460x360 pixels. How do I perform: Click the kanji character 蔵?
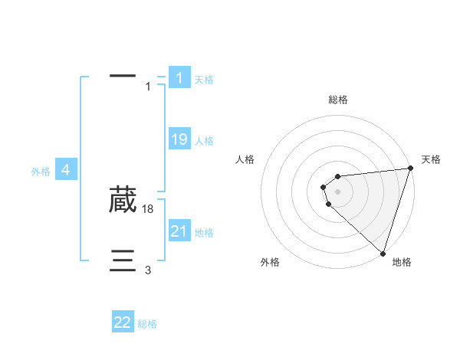click(123, 199)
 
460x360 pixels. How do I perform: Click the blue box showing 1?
click(179, 78)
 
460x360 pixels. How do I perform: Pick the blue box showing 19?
click(179, 139)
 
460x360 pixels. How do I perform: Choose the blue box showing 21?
click(179, 231)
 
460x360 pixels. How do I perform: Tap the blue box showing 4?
click(67, 170)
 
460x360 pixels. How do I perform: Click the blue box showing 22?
click(123, 323)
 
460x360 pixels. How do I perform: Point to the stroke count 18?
click(149, 208)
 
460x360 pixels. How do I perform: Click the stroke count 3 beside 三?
click(148, 270)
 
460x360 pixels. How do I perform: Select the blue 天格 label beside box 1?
click(204, 80)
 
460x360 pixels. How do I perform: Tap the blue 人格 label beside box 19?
click(204, 141)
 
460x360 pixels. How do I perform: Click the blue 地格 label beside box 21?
click(204, 233)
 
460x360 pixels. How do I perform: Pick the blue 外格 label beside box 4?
click(41, 172)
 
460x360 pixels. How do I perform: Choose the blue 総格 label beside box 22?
click(147, 325)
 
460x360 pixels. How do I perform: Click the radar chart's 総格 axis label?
click(338, 100)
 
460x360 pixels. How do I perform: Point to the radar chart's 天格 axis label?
click(432, 159)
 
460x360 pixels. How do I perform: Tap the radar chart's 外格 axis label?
click(270, 262)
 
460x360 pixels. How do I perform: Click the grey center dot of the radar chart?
click(337, 191)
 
